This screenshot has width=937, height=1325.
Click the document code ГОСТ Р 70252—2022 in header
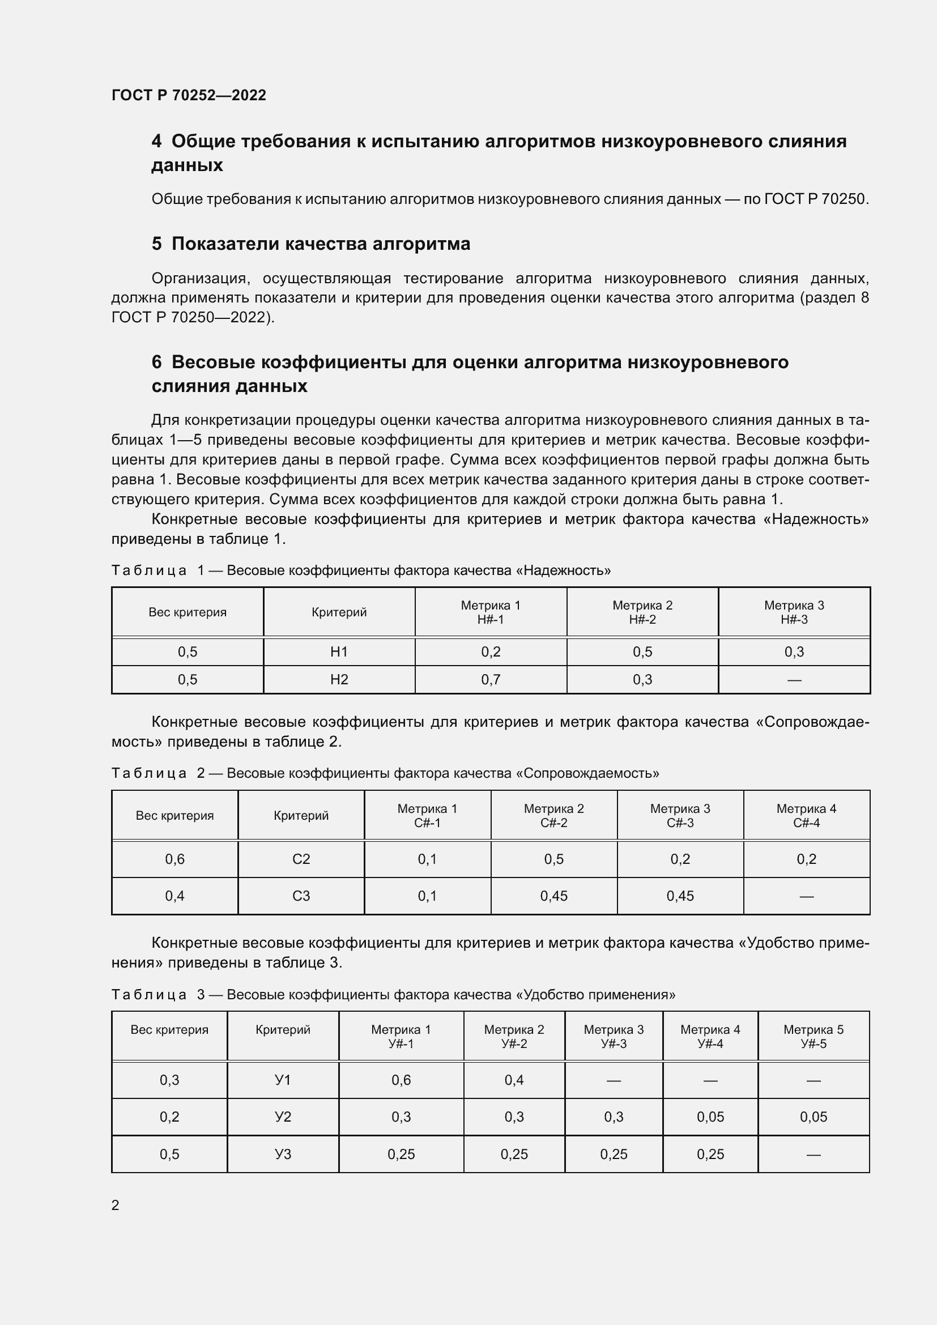[x=189, y=95]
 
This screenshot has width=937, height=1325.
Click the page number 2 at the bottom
[x=116, y=1205]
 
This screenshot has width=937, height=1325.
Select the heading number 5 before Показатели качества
[x=156, y=244]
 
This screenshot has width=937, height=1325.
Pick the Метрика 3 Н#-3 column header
[x=794, y=612]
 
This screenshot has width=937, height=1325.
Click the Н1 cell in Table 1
[x=339, y=651]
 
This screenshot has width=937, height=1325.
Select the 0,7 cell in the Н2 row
[x=491, y=679]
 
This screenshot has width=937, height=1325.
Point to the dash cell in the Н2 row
[x=794, y=680]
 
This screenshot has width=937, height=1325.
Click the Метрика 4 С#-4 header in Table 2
[x=806, y=815]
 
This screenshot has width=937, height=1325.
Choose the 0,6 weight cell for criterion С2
[x=175, y=859]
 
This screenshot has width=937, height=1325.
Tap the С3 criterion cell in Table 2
[x=301, y=896]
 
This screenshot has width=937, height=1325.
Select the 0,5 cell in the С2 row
[x=553, y=859]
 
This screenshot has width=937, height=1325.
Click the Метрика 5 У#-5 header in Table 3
[x=813, y=1037]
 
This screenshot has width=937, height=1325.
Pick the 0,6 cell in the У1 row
[x=401, y=1080]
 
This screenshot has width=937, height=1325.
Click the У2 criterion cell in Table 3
[x=283, y=1117]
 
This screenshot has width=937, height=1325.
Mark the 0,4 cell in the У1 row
[x=513, y=1080]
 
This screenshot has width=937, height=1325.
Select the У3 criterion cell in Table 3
[x=283, y=1154]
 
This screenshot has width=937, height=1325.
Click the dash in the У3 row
[x=813, y=1154]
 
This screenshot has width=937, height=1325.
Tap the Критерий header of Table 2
[x=301, y=815]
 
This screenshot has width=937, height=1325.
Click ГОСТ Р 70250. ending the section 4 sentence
[x=816, y=199]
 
